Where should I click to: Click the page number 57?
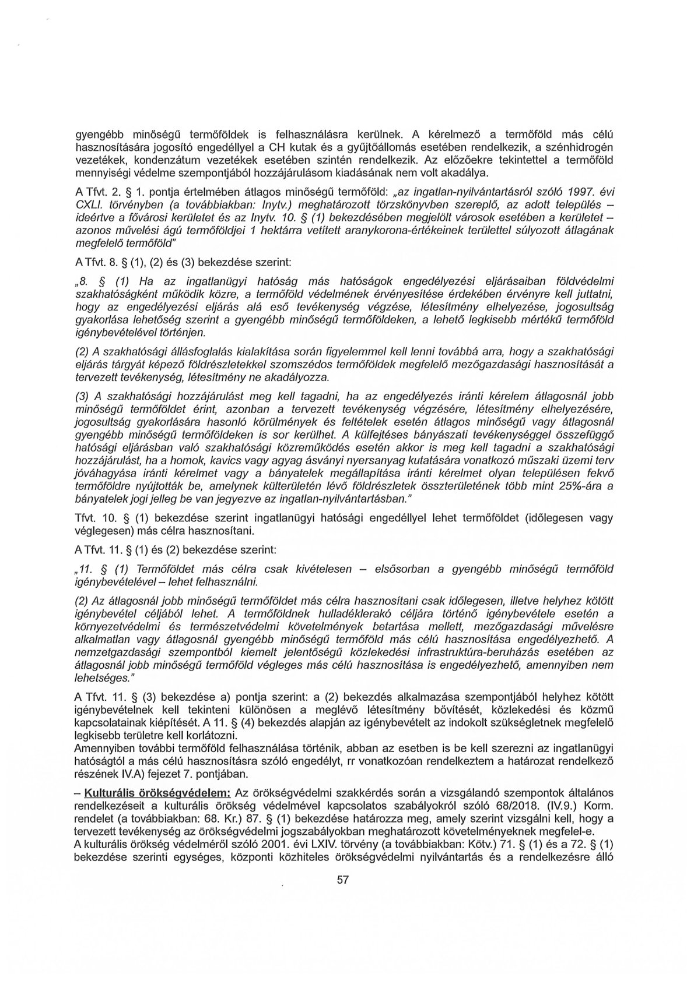pyautogui.click(x=343, y=896)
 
